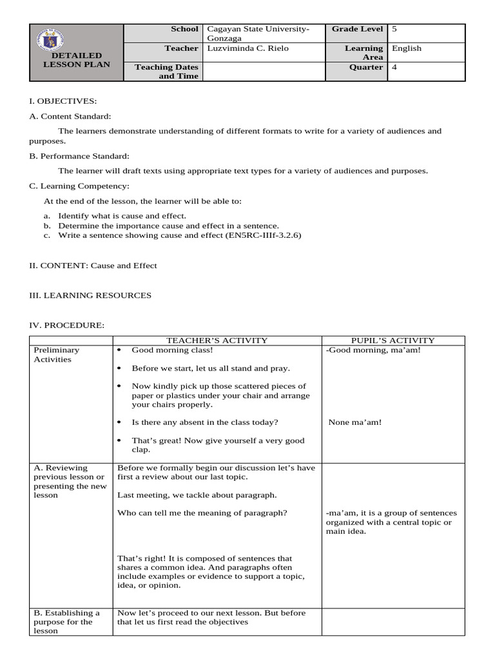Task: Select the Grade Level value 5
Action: [394, 29]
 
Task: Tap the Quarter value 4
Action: [394, 67]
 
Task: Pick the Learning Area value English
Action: [407, 48]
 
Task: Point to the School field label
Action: [184, 29]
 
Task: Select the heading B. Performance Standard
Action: [79, 156]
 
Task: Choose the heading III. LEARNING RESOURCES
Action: [91, 295]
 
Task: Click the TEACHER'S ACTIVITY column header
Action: [217, 340]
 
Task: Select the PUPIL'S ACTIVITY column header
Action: [393, 340]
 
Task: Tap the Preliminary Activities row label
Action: [57, 354]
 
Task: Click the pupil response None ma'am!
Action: [354, 422]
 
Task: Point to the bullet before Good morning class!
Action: [120, 350]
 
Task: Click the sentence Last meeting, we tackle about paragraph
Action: [197, 495]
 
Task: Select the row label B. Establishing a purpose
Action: [66, 622]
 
